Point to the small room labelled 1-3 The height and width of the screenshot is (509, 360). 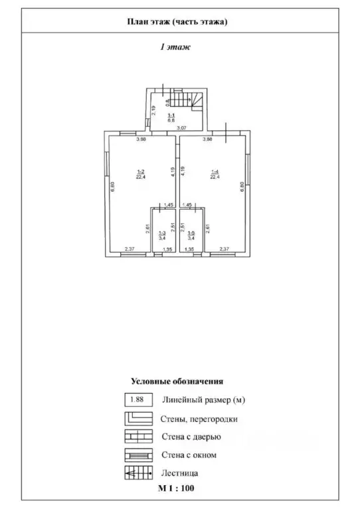point(162,234)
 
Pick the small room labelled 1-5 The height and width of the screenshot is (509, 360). point(191,234)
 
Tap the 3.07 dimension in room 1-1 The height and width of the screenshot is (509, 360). point(180,127)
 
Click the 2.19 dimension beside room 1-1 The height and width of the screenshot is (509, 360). point(153,111)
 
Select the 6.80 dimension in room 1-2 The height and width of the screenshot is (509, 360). point(113,186)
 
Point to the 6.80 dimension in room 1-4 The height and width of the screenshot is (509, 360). point(242,186)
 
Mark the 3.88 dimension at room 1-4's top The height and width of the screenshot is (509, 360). point(207,139)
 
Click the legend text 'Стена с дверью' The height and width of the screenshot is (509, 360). point(191,437)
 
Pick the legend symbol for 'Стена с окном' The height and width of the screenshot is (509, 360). point(137,455)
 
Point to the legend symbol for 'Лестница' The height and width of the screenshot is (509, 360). point(137,473)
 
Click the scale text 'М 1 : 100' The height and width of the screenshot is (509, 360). point(176,488)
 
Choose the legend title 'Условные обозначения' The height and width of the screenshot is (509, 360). point(177,381)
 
